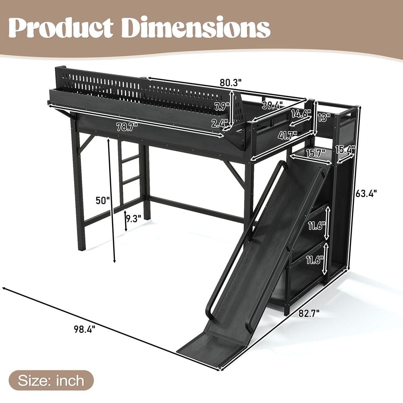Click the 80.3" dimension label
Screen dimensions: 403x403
pos(231,83)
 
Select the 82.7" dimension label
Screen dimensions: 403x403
pos(309,313)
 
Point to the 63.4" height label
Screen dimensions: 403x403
pos(366,193)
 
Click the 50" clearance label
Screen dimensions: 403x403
pos(103,200)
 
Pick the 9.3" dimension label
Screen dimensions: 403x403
pos(133,218)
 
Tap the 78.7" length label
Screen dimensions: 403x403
pos(127,127)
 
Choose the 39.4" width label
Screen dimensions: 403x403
pos(272,105)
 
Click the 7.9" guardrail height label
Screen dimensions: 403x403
pos(222,106)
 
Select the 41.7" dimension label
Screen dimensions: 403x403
pos(288,135)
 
